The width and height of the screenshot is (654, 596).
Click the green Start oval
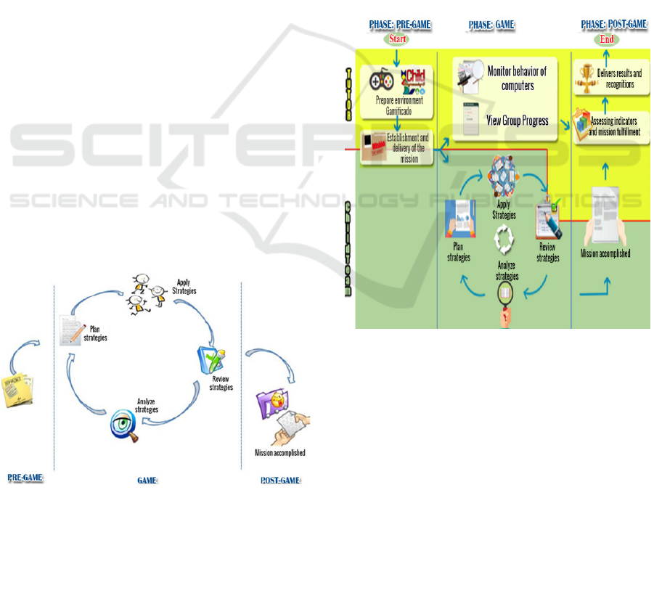(x=396, y=38)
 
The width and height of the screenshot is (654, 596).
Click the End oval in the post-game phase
(x=607, y=40)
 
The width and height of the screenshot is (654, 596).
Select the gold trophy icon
(x=585, y=75)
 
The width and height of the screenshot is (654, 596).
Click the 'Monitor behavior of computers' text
(x=518, y=78)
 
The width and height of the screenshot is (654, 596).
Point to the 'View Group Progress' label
(x=517, y=121)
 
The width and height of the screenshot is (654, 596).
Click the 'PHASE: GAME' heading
(x=491, y=25)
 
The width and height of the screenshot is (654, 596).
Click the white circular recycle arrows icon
(x=504, y=237)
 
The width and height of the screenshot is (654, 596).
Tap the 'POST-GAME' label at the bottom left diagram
(x=279, y=481)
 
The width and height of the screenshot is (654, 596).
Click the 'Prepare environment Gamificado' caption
(x=398, y=105)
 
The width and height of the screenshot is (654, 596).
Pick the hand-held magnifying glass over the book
(x=504, y=297)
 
